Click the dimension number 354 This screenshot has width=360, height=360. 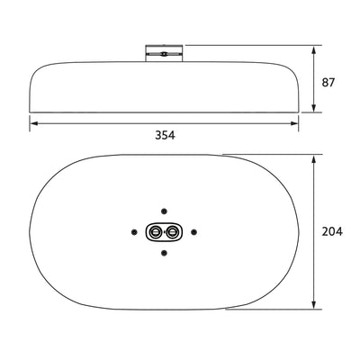tap(163, 135)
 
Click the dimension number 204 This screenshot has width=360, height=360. tap(333, 232)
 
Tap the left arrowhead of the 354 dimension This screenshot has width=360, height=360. tap(33, 123)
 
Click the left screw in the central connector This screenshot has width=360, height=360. tap(154, 232)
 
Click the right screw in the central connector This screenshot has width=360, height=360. tap(172, 232)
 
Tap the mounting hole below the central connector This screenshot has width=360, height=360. tap(163, 255)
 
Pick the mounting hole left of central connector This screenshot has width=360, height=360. tap(135, 232)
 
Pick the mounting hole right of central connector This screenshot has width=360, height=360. tap(192, 232)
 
